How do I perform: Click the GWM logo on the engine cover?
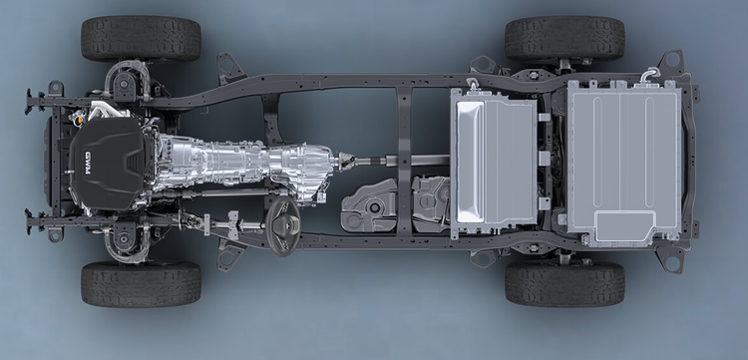pyautogui.click(x=88, y=164)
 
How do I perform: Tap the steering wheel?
pyautogui.click(x=282, y=226)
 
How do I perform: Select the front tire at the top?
pyautogui.click(x=141, y=39)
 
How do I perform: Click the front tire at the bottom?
pyautogui.click(x=141, y=283)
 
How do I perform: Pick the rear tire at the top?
pyautogui.click(x=564, y=39)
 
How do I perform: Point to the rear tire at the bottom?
pyautogui.click(x=564, y=283)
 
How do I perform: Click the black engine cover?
pyautogui.click(x=107, y=163)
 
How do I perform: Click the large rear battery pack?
pyautogui.click(x=624, y=163)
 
